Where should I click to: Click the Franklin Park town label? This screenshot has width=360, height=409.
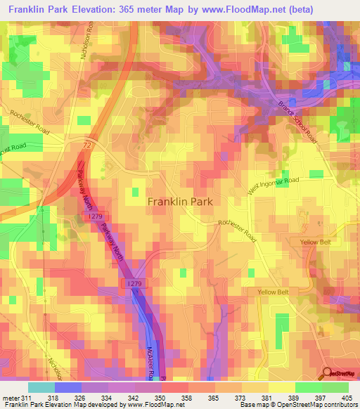coord(180,201)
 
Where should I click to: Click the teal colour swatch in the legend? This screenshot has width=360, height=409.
coord(41,387)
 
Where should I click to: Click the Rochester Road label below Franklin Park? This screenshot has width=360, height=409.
coord(238,230)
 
